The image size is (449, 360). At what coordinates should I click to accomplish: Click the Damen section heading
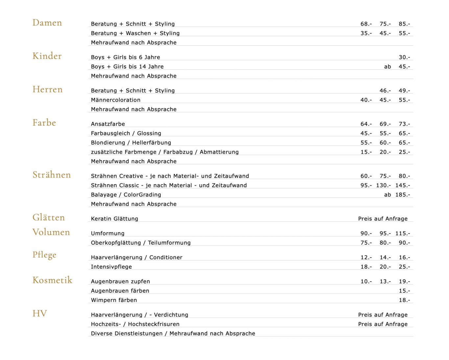click(47, 23)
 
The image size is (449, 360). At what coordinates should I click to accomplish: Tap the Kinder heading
click(47, 56)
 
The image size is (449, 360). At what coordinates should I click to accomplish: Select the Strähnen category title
click(52, 175)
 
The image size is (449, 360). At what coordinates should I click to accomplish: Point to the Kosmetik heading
click(52, 280)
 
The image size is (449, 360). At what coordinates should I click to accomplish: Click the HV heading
click(40, 313)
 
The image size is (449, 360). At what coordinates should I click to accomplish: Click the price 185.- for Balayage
click(403, 195)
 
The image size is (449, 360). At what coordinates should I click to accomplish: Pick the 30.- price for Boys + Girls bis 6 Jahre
click(404, 57)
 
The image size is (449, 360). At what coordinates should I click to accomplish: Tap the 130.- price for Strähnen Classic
click(383, 185)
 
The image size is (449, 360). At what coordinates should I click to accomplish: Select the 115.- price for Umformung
click(403, 234)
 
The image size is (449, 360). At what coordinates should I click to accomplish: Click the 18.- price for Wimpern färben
click(404, 300)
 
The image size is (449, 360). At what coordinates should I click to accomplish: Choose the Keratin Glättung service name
click(114, 219)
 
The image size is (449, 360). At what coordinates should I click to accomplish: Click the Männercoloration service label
click(116, 100)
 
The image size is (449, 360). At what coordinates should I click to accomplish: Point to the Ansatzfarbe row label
click(108, 124)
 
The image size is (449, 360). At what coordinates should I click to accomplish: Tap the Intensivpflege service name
click(111, 267)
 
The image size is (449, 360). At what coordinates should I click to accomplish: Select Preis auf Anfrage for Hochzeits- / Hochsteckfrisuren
click(383, 324)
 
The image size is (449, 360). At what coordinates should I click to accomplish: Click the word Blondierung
click(108, 143)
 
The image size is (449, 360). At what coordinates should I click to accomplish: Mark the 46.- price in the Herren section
click(385, 91)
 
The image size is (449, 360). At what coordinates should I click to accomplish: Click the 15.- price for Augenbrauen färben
click(404, 291)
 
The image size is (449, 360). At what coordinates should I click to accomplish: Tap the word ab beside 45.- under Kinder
click(388, 67)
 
